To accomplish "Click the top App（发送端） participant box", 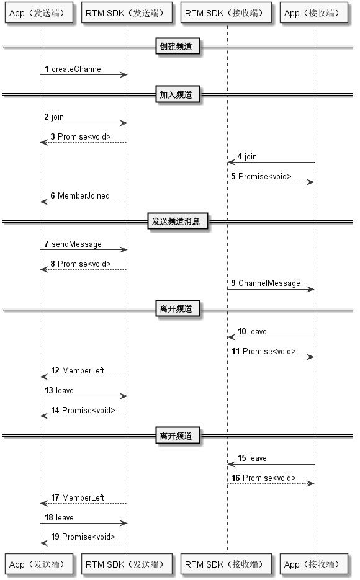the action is pyautogui.click(x=39, y=13).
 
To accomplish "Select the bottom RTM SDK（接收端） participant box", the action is pyautogui.click(x=226, y=564).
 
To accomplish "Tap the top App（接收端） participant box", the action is pyautogui.click(x=313, y=13).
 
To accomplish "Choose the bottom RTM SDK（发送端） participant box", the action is pyautogui.click(x=127, y=564).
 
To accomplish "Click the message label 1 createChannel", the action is pyautogui.click(x=74, y=69).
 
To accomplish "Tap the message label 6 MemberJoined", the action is pyautogui.click(x=80, y=195).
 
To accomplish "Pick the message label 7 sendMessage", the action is pyautogui.click(x=73, y=244).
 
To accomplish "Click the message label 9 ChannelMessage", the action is pyautogui.click(x=266, y=283).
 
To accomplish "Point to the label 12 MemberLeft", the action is pyautogui.click(x=78, y=370).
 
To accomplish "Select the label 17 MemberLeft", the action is pyautogui.click(x=78, y=498).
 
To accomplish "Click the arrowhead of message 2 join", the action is pyautogui.click(x=124, y=123).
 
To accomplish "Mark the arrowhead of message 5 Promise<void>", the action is pyautogui.click(x=311, y=182).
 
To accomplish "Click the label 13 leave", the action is pyautogui.click(x=59, y=391).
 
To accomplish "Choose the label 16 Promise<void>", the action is pyautogui.click(x=264, y=478).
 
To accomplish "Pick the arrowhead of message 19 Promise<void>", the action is pyautogui.click(x=43, y=543).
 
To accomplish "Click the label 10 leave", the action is pyautogui.click(x=253, y=332).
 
